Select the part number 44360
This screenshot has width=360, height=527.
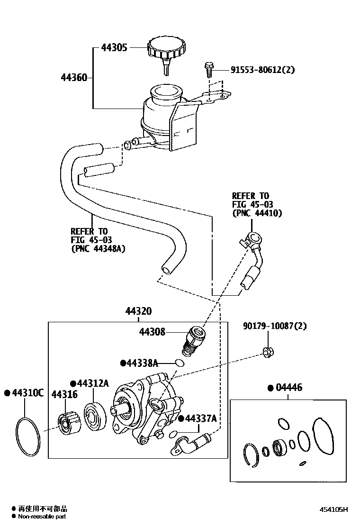pos(74,77)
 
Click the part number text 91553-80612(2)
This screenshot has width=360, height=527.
pos(262,70)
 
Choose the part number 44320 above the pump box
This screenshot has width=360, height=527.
pos(138,311)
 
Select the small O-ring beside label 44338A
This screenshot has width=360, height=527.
pos(179,363)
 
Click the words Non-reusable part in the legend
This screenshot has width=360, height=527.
pos(42,517)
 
